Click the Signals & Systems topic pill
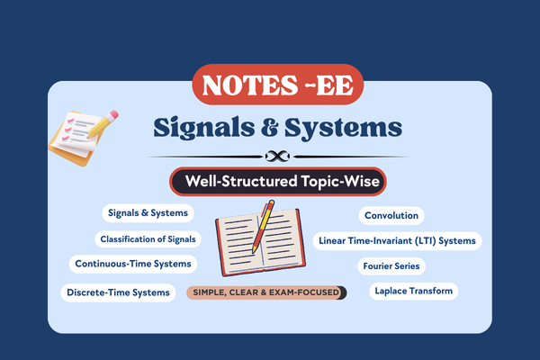(148, 213)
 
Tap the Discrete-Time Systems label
(118, 292)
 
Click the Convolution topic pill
(391, 216)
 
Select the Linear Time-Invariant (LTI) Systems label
(399, 241)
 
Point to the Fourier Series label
(391, 266)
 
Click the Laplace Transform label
(414, 292)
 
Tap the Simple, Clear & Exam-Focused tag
(266, 292)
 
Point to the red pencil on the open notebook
(262, 225)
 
